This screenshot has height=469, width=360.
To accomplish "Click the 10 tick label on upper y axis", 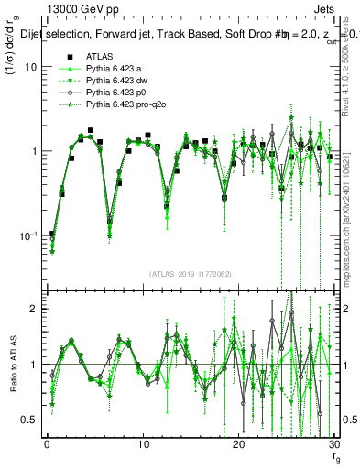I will point(30,68).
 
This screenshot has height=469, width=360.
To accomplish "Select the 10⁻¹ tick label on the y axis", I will point(27,234).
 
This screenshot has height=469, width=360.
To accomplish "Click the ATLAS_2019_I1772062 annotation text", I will point(189,274).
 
